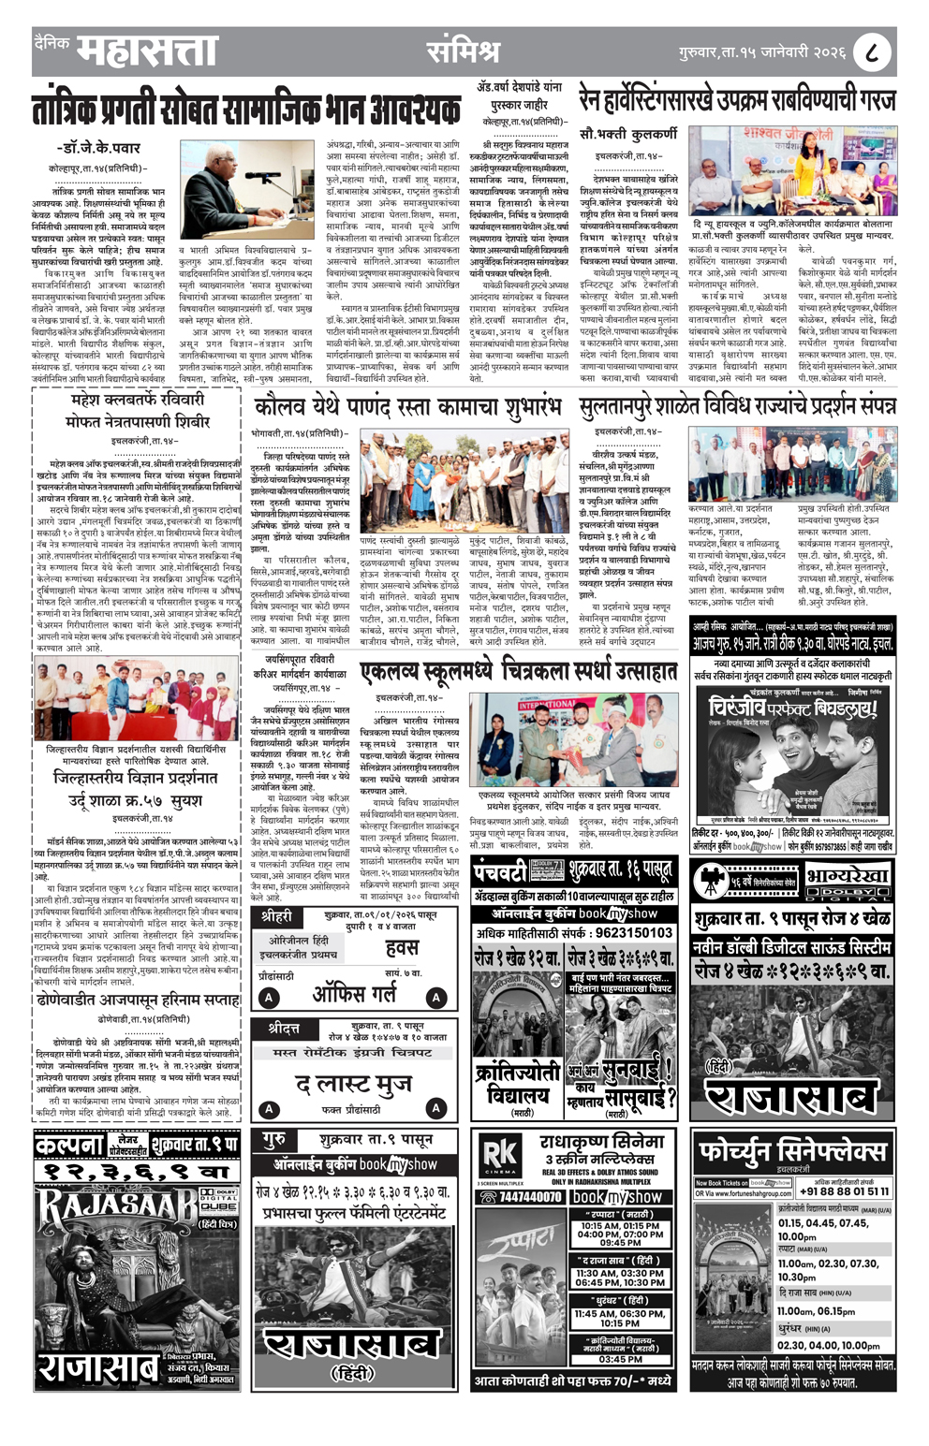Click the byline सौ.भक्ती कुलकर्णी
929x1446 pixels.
628,134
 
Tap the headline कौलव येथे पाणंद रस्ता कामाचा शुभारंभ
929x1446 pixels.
407,409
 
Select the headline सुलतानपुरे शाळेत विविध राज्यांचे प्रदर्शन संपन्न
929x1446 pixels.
737,407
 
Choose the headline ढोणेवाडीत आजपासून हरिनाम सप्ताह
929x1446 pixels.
138,1000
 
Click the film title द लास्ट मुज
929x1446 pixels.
354,1084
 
